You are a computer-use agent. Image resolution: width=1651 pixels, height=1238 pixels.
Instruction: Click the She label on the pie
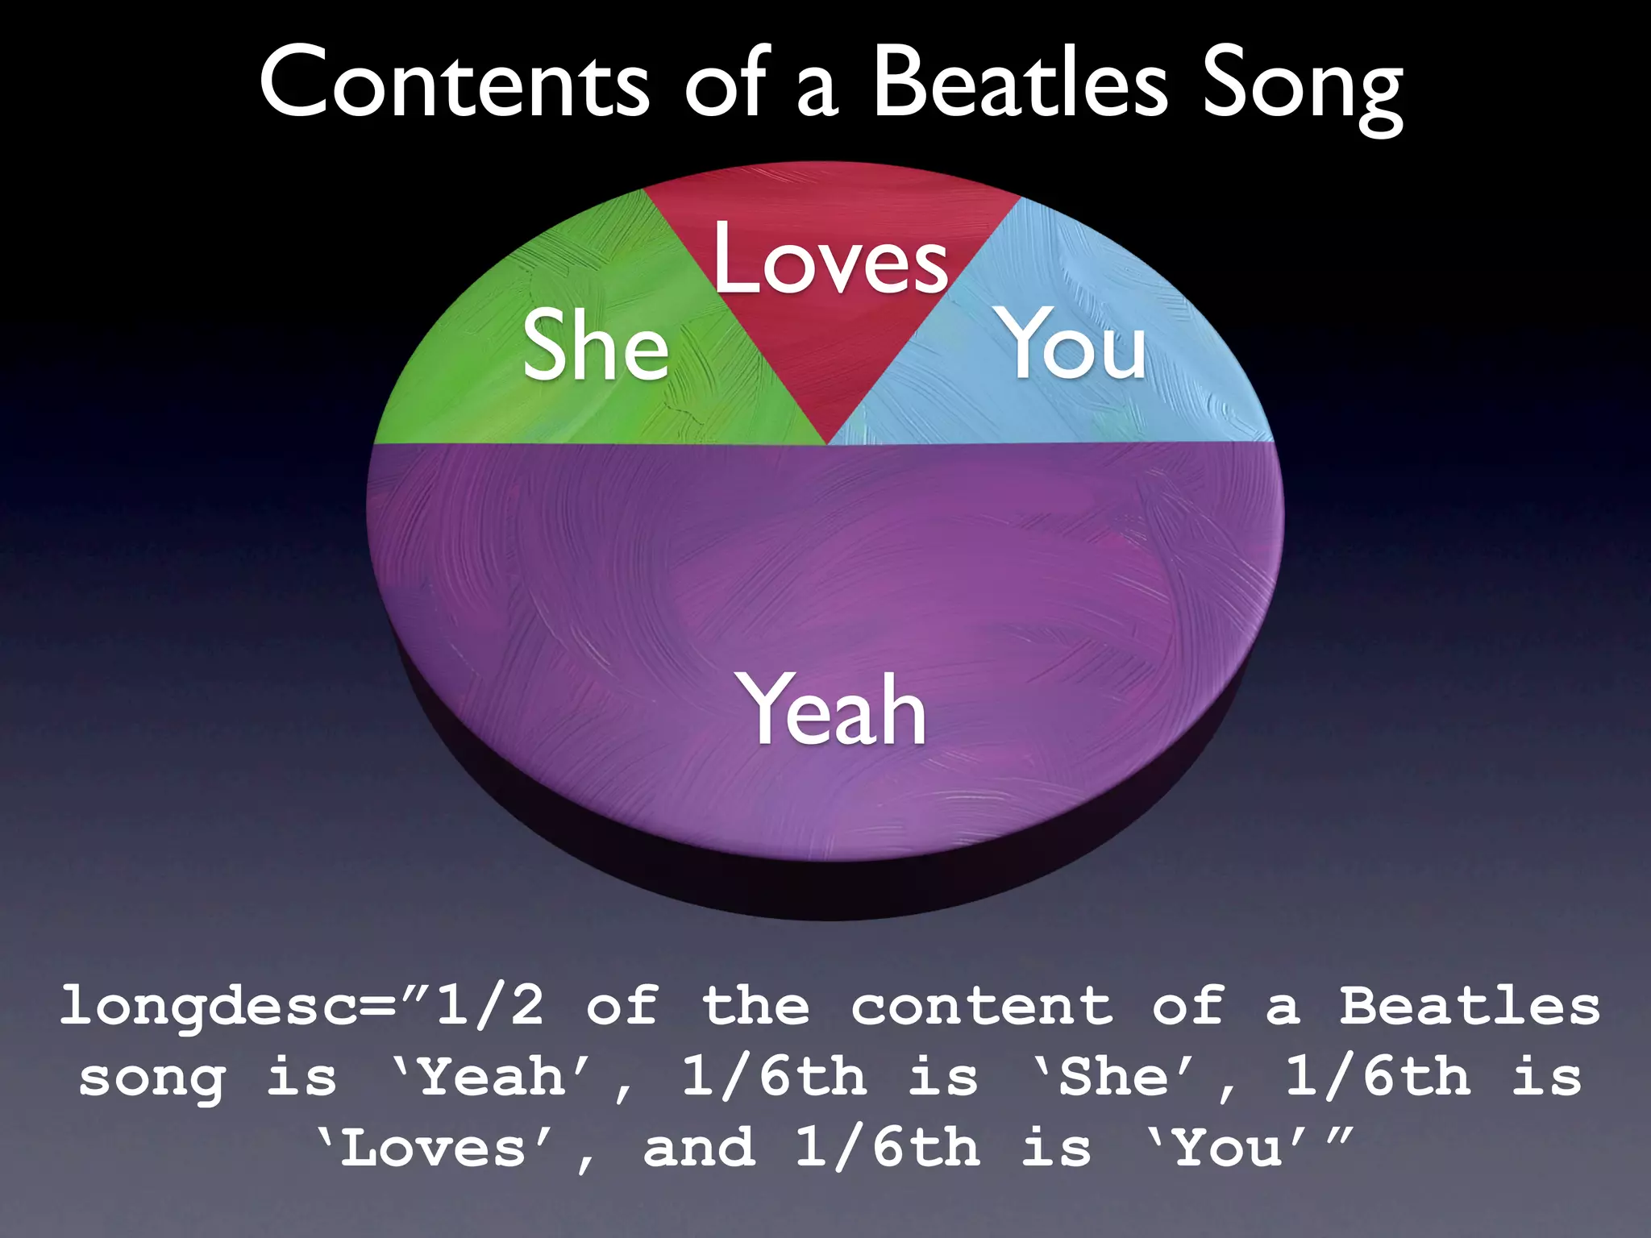[x=596, y=347]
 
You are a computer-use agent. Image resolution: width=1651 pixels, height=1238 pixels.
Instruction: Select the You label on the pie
[x=1073, y=344]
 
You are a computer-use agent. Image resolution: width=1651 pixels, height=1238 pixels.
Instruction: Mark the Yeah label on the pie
[x=834, y=709]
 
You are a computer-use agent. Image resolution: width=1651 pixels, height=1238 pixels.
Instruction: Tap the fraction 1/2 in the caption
[x=489, y=1006]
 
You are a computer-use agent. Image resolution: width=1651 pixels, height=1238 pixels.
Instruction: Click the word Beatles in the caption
[x=1470, y=1006]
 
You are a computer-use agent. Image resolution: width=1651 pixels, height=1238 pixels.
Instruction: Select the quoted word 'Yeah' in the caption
[x=492, y=1077]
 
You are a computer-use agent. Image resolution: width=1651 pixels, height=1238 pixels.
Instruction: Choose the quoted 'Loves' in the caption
[x=435, y=1148]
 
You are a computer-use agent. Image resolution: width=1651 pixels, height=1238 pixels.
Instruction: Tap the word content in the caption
[x=982, y=1006]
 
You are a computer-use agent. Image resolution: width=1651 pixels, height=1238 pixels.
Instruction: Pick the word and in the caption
[x=700, y=1148]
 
